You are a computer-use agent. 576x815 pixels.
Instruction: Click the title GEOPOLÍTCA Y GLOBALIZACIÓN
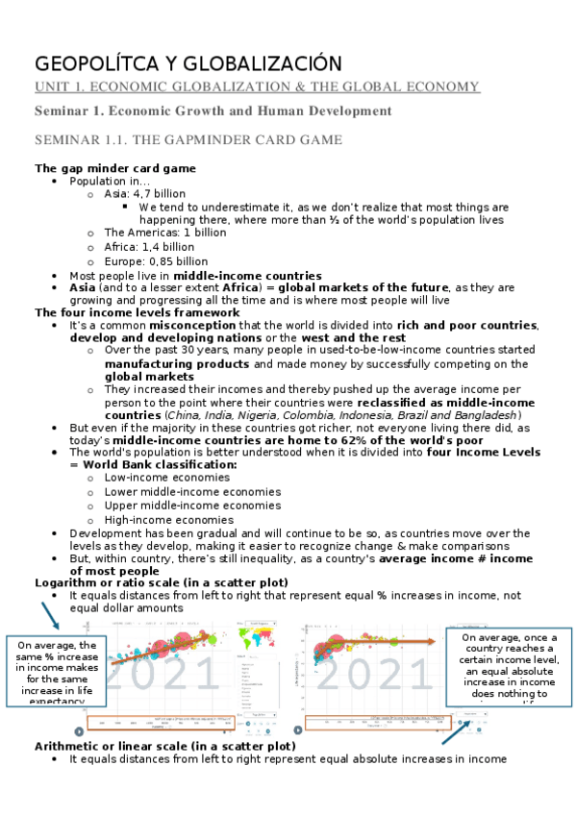(188, 64)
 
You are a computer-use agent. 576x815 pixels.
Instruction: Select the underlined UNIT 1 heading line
(258, 87)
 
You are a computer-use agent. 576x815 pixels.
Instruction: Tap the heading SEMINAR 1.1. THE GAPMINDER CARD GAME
(188, 140)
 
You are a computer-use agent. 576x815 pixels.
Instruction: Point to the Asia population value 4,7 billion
(159, 193)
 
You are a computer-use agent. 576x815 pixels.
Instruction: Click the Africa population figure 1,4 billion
(163, 247)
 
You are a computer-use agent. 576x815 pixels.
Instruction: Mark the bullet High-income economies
(168, 519)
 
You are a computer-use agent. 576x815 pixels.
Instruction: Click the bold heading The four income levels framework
(137, 312)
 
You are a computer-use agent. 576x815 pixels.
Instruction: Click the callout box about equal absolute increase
(511, 666)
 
